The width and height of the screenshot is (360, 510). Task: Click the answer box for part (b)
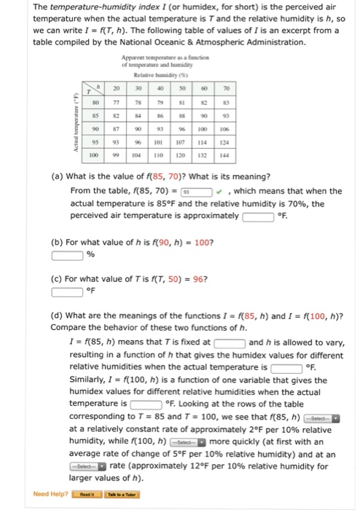67,254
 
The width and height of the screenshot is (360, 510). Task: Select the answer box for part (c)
67,293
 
